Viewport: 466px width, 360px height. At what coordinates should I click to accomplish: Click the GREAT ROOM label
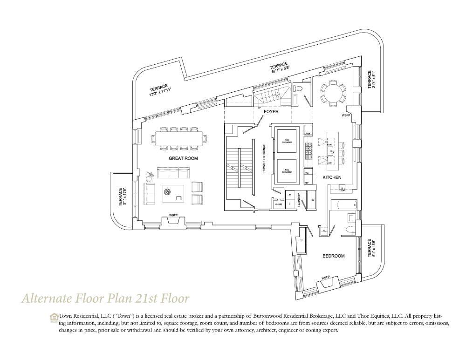[183, 158]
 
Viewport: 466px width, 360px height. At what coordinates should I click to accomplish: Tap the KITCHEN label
[331, 177]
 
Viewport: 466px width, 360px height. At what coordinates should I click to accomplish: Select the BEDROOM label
[334, 256]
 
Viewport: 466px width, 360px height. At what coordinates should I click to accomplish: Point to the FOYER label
[271, 112]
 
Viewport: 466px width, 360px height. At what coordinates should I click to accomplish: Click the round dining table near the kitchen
[332, 92]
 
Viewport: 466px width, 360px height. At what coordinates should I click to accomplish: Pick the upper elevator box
[286, 138]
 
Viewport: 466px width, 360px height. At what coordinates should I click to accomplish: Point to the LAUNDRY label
[306, 200]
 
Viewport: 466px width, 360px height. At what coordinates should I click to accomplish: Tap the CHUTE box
[279, 204]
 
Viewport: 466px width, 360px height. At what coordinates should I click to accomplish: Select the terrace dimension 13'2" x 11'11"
[161, 91]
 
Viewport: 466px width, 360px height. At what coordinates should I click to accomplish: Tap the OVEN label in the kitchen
[308, 133]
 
